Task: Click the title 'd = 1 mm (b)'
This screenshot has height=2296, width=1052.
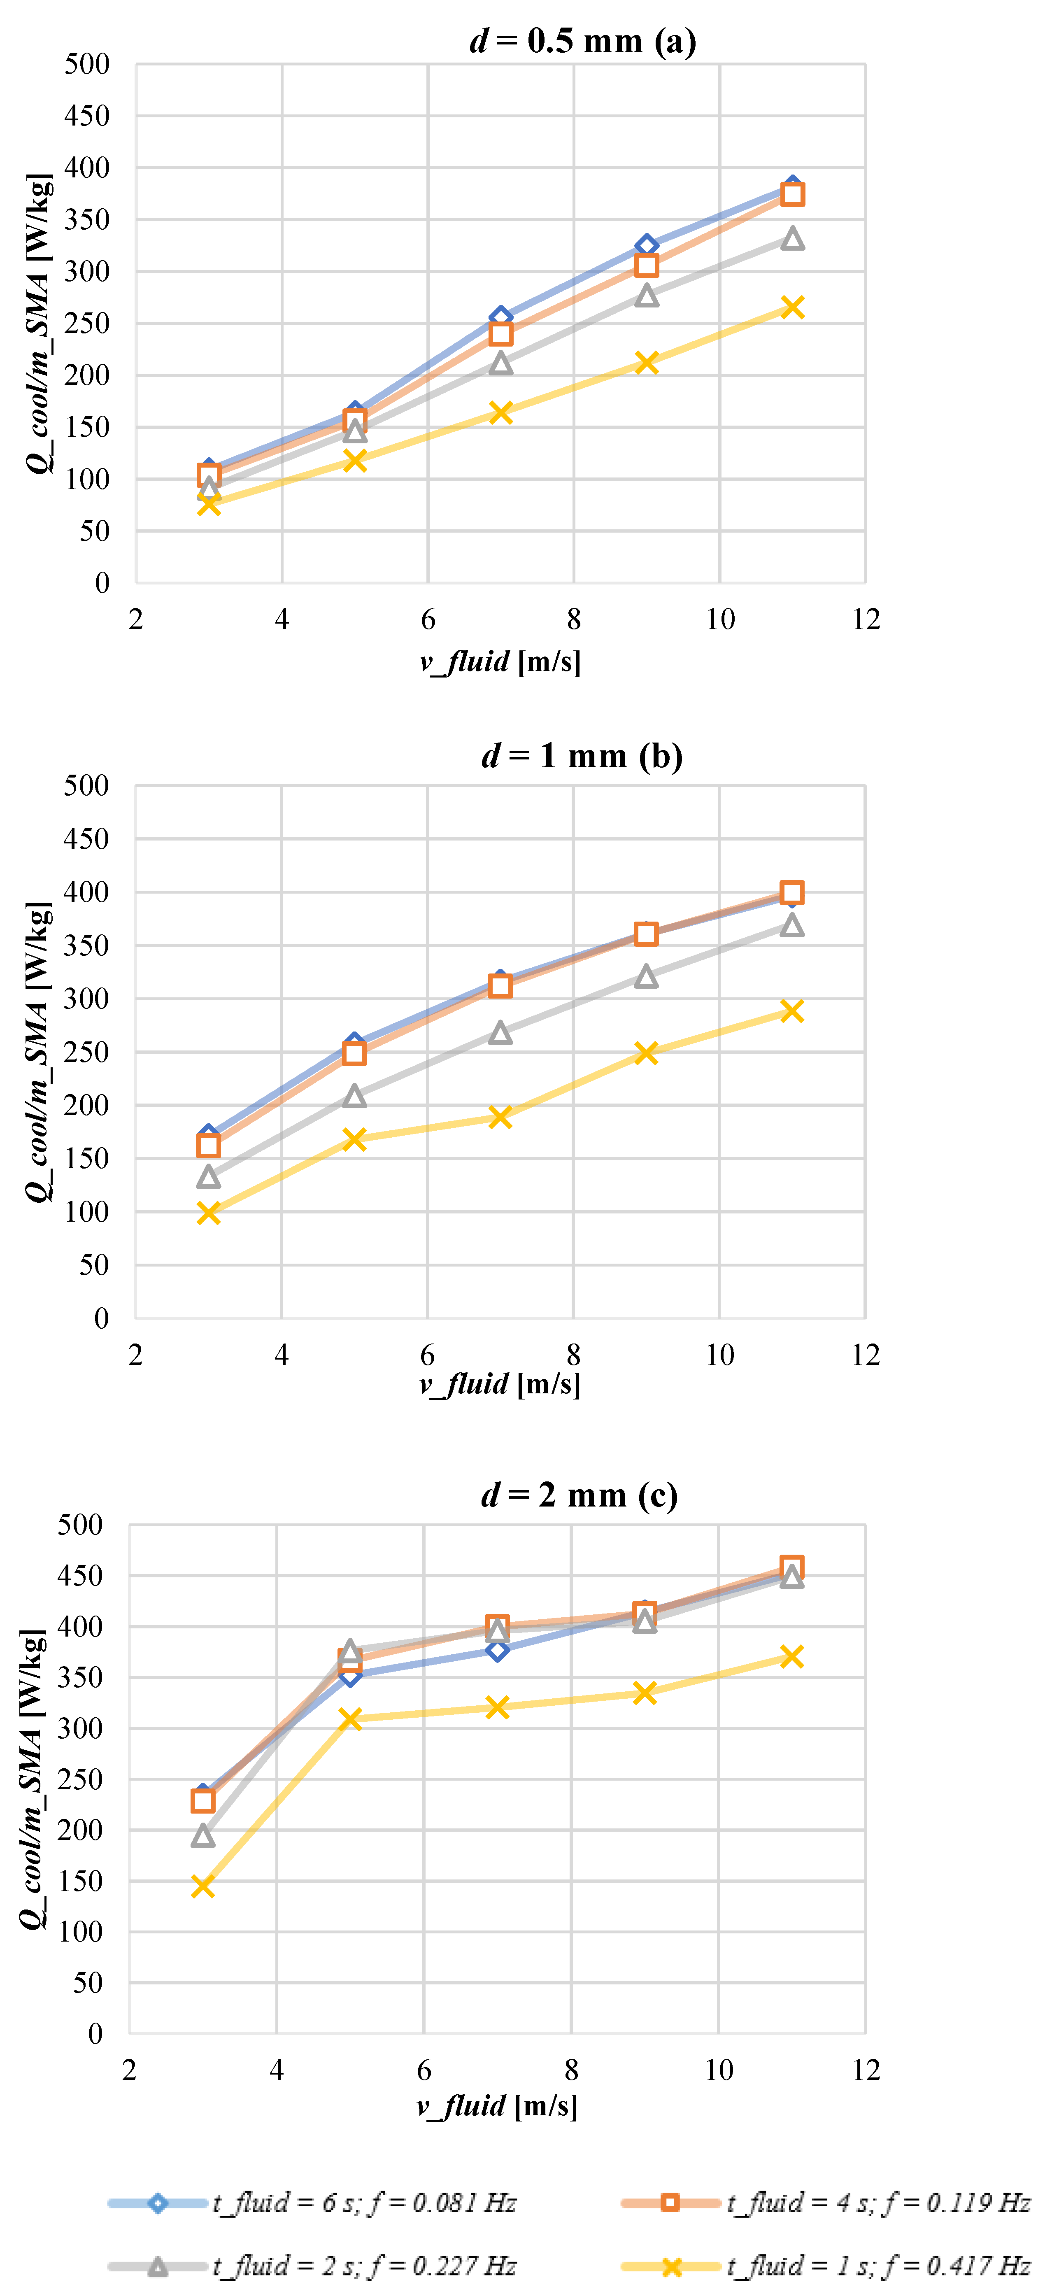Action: click(582, 756)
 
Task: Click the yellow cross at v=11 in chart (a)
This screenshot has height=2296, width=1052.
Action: click(791, 307)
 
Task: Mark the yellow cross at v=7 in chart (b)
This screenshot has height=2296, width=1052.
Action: click(500, 1117)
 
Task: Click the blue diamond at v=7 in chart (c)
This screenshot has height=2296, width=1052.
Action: click(498, 1650)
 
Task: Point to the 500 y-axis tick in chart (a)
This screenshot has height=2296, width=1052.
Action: click(86, 64)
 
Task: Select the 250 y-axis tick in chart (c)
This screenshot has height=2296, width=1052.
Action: click(80, 1779)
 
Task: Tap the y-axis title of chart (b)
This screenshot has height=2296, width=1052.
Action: click(37, 1052)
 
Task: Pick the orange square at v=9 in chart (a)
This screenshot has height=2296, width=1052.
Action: click(646, 265)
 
